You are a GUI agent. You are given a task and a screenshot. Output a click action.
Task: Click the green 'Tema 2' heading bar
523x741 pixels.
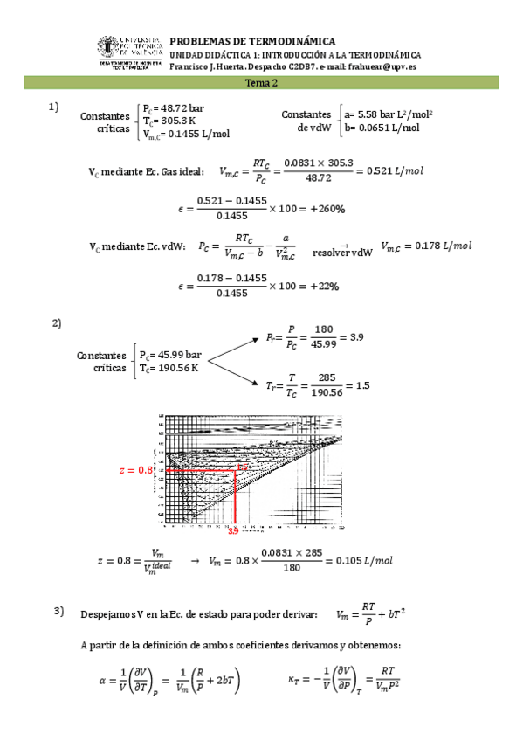(261, 83)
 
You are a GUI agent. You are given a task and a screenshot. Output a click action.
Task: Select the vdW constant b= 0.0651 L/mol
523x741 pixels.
(382, 128)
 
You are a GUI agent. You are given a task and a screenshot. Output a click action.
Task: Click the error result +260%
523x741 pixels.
(326, 209)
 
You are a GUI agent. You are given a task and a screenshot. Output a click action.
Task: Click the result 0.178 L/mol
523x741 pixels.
(425, 246)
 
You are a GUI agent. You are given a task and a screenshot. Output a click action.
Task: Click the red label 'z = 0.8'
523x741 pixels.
(135, 470)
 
